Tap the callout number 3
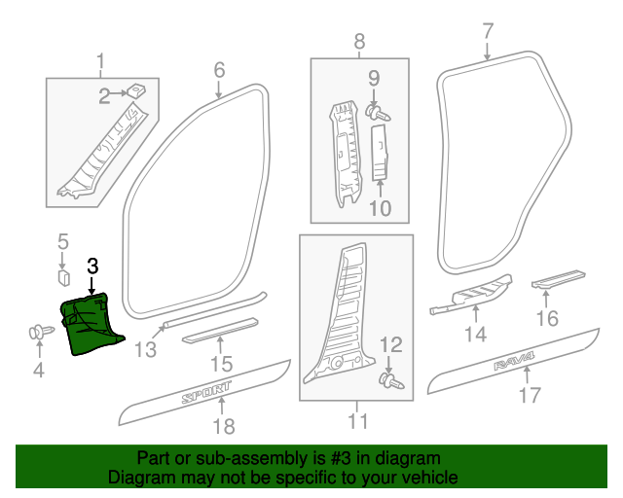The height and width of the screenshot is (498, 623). click(x=93, y=266)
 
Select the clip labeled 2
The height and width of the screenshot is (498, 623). click(x=138, y=90)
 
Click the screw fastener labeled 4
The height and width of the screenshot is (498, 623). click(x=39, y=334)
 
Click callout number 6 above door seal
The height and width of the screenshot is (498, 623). click(x=219, y=70)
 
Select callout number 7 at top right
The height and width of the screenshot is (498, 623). click(x=488, y=30)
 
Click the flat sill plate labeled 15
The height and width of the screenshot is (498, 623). click(x=222, y=331)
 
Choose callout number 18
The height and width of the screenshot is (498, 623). click(x=224, y=426)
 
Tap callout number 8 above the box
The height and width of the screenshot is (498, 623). click(x=359, y=42)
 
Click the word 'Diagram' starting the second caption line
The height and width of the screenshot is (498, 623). click(x=139, y=478)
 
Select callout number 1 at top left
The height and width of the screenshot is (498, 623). click(x=100, y=65)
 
